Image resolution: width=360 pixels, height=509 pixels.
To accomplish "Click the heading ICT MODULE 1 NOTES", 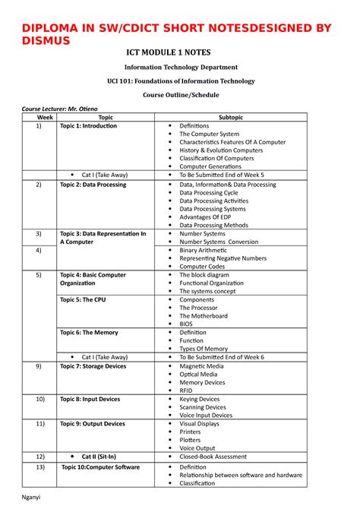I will pos(180,52).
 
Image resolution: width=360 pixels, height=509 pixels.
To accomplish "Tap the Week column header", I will pos(33,118).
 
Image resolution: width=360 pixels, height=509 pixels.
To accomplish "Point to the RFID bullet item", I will pos(187,390).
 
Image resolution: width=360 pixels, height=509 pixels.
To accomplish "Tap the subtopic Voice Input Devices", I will pos(206,416).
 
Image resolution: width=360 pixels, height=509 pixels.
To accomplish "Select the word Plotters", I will pos(190,440).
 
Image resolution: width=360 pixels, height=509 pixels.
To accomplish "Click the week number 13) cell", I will pos(33,467).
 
